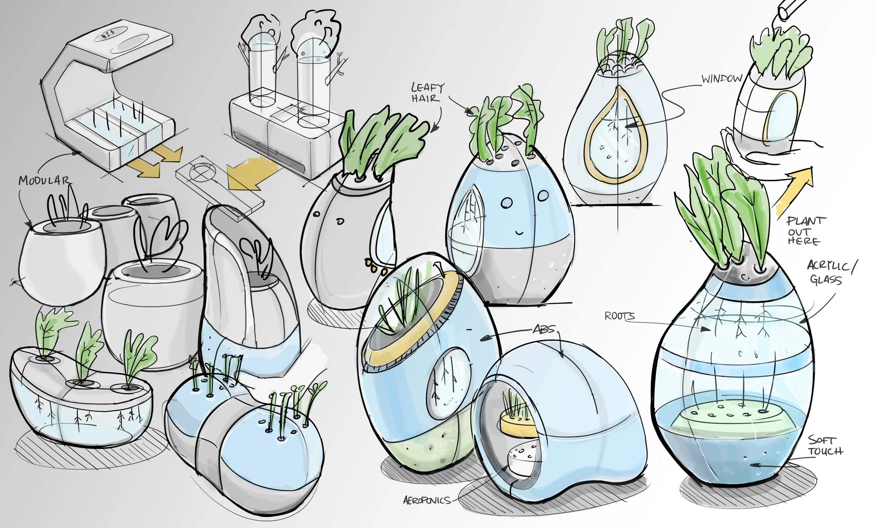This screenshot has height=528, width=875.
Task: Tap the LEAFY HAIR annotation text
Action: click(x=427, y=92)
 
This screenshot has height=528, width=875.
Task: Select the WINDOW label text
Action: click(x=722, y=79)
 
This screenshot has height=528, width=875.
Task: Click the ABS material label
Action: click(x=543, y=330)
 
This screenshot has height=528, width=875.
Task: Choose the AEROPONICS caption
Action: click(x=427, y=501)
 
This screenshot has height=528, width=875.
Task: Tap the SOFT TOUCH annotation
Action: click(x=825, y=446)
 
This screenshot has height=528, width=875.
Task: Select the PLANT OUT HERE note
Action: click(x=805, y=231)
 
